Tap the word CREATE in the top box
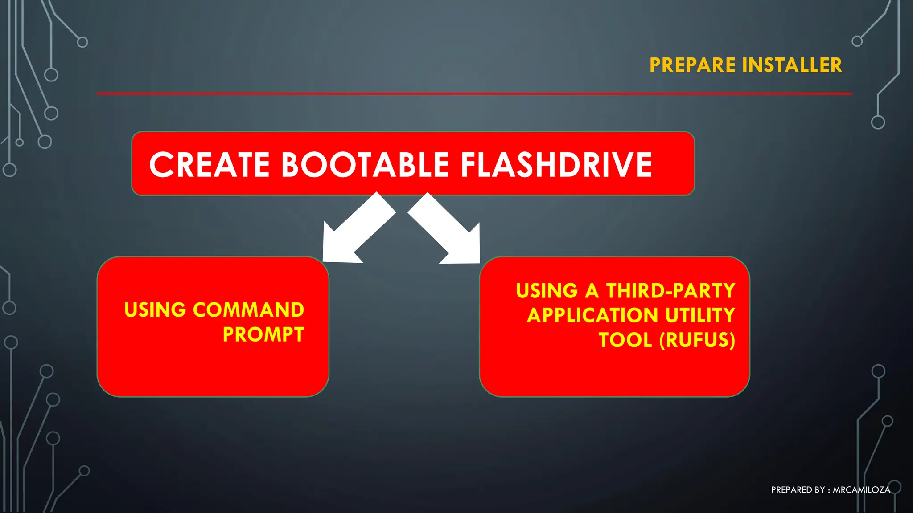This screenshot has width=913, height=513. coord(210,165)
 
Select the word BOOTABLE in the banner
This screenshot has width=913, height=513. coord(365,165)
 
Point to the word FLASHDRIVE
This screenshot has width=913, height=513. coord(556,165)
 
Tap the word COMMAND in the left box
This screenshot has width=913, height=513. coord(248,310)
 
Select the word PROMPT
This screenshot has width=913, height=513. coord(263,334)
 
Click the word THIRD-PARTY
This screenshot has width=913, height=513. coord(670,291)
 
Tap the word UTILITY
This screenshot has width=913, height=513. coord(699,316)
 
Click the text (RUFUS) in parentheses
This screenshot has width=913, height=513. coord(697,340)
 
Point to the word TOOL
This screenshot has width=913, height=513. coord(625,340)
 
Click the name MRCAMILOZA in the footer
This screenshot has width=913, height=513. coord(861,490)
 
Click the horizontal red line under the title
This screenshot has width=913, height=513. coord(474,94)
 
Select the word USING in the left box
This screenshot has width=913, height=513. coord(155,310)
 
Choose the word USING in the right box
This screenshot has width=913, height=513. coord(547,291)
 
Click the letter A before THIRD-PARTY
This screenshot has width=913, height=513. coord(592,291)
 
